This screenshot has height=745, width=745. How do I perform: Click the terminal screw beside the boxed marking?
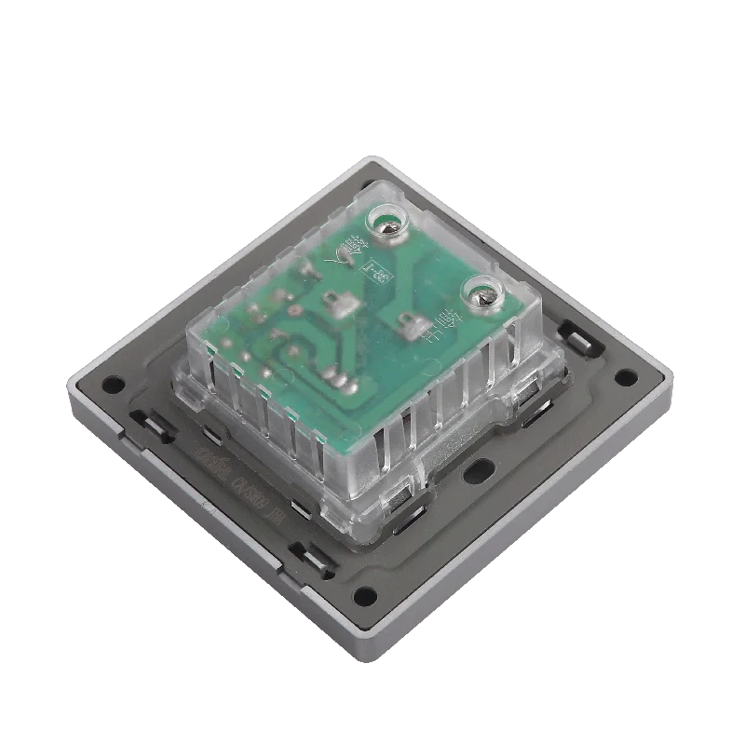tap(389, 223)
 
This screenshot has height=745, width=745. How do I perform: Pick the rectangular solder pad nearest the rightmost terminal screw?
tap(406, 325)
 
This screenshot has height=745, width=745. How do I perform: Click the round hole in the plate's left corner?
tap(113, 382)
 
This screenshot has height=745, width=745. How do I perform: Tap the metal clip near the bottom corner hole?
tap(307, 557)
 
